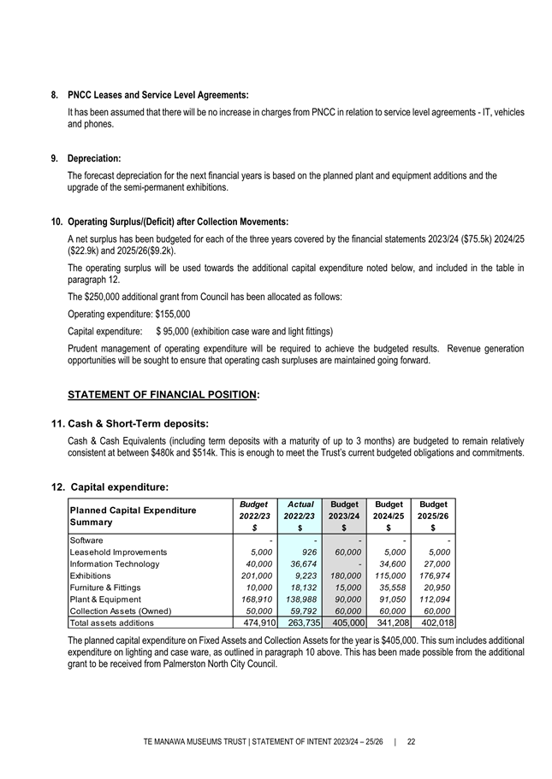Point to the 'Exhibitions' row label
91,575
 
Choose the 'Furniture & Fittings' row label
103,587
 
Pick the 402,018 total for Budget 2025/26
433,623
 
